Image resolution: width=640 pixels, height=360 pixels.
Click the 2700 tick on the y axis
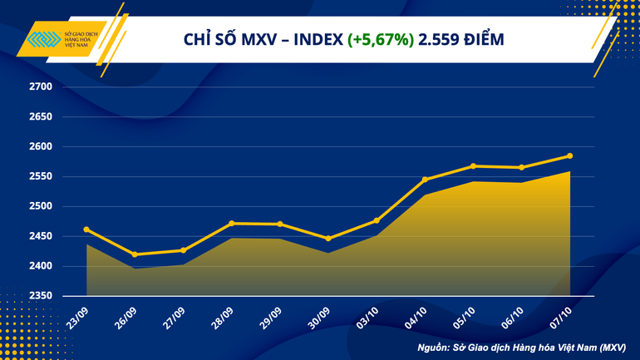[41, 87]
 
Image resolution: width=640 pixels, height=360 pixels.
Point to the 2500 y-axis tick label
[41, 207]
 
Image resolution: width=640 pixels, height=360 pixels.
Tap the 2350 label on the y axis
[41, 297]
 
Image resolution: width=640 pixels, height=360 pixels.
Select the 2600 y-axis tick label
[41, 147]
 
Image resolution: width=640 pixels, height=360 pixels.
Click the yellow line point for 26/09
[135, 254]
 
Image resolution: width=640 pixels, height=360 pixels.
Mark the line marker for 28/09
[231, 223]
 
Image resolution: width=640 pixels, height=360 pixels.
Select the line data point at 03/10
[377, 220]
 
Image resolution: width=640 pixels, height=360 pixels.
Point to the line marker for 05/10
[473, 165]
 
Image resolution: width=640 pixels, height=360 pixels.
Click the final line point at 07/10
[569, 155]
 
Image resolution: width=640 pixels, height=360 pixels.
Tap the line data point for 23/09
[86, 229]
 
